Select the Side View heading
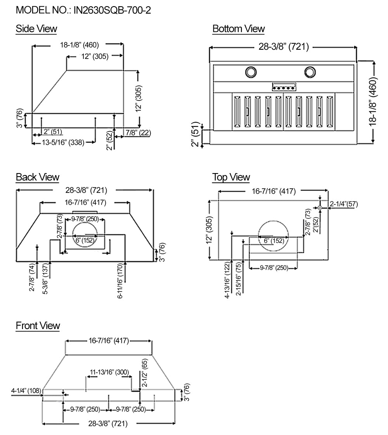(x=36, y=28)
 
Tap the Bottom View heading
(x=238, y=29)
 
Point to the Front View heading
(x=38, y=325)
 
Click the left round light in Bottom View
(x=251, y=72)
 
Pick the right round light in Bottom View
(x=310, y=72)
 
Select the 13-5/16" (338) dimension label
(x=64, y=143)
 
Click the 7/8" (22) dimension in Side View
(x=138, y=132)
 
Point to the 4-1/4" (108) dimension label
(x=26, y=390)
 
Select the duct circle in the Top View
(x=273, y=235)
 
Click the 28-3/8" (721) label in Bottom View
(x=284, y=47)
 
